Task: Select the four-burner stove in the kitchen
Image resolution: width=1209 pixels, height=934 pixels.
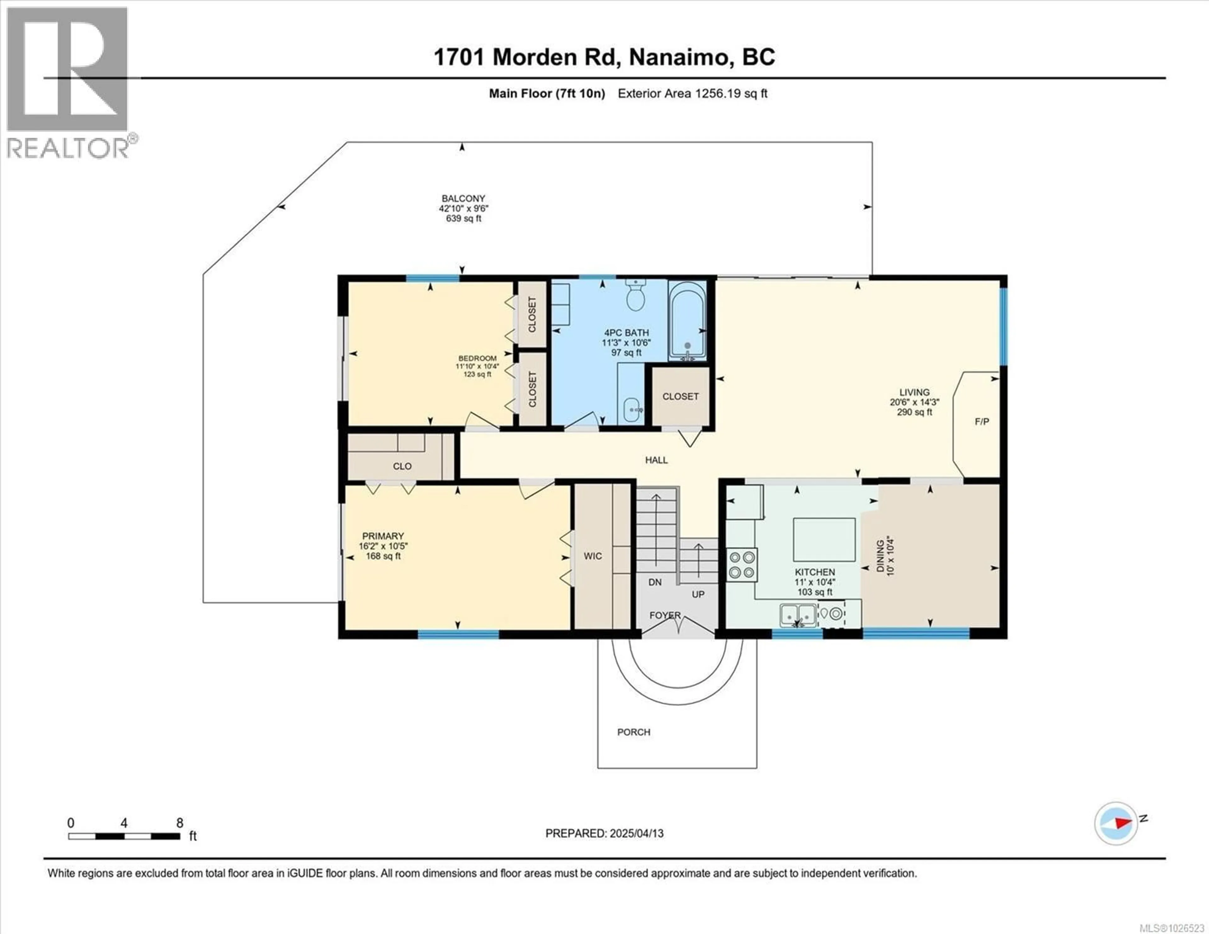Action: pyautogui.click(x=742, y=565)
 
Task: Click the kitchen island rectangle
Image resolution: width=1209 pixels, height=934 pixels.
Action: pyautogui.click(x=824, y=540)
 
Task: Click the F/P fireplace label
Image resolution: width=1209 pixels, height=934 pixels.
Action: pyautogui.click(x=981, y=422)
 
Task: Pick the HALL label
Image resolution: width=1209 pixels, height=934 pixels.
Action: pyautogui.click(x=656, y=460)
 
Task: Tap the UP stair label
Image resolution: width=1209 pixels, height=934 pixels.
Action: pyautogui.click(x=698, y=594)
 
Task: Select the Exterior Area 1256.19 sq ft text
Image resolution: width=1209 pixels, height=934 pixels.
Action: pyautogui.click(x=692, y=93)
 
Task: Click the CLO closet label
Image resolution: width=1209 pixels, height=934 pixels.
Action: pyautogui.click(x=402, y=466)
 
